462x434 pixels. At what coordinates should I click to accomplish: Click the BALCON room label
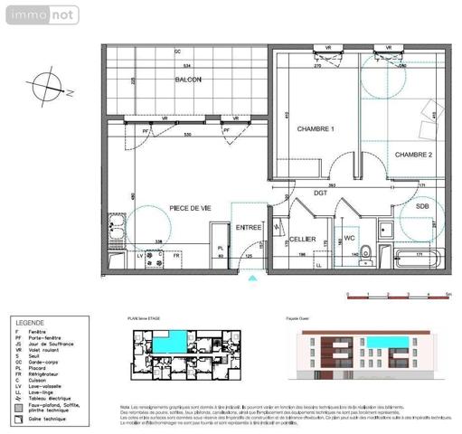coord(188,80)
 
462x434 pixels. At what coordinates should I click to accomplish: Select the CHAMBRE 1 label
coord(316,130)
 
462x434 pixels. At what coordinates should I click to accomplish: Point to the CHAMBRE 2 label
coord(413,154)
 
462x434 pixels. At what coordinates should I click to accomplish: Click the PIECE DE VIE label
coord(192,209)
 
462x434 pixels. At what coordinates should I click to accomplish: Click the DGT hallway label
coord(320,193)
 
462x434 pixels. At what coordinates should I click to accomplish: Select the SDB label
coord(422,206)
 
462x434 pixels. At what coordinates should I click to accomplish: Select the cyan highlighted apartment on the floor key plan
coord(171,343)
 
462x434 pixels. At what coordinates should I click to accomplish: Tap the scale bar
coord(398,294)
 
